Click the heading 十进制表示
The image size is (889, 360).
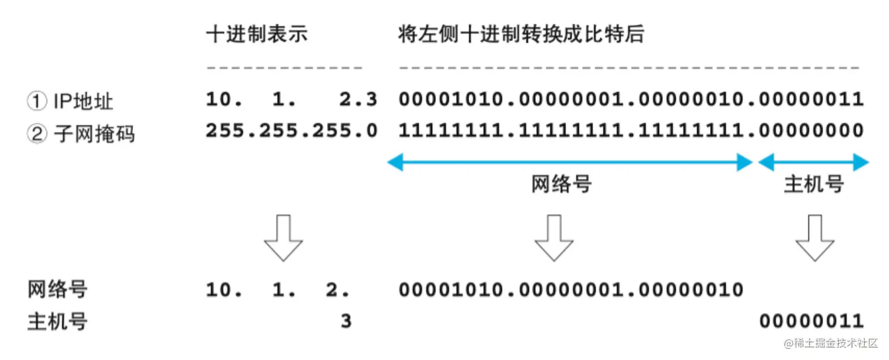click(x=257, y=35)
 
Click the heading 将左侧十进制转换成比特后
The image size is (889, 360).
click(x=521, y=35)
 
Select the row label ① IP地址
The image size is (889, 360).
click(x=70, y=101)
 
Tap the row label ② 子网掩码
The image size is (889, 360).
click(x=81, y=134)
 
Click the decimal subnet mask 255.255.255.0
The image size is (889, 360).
click(x=291, y=131)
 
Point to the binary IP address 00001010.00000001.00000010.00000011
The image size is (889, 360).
click(x=631, y=99)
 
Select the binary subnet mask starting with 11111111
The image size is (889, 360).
click(x=631, y=131)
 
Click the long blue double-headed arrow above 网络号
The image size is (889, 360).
click(x=570, y=163)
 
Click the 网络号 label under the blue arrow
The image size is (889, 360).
click(x=561, y=185)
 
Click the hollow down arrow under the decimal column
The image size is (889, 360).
click(x=283, y=238)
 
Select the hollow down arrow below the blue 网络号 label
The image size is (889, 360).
click(x=553, y=238)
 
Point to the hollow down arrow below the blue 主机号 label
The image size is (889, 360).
click(x=814, y=238)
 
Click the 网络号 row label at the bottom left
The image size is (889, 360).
click(x=58, y=289)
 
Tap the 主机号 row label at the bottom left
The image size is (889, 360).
click(x=58, y=322)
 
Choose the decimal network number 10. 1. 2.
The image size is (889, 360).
click(x=278, y=289)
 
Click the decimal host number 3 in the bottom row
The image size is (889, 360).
click(x=346, y=322)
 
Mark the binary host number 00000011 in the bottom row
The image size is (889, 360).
click(x=811, y=322)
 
